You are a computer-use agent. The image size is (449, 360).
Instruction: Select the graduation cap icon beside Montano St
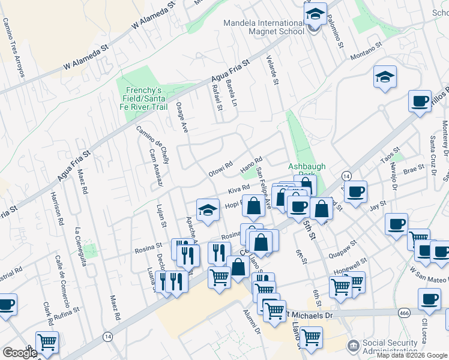[385, 77]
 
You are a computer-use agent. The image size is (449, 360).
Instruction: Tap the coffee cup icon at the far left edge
[7, 304]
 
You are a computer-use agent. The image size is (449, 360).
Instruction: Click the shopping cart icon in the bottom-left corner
[47, 343]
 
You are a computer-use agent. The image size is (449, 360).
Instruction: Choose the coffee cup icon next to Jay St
[355, 192]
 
